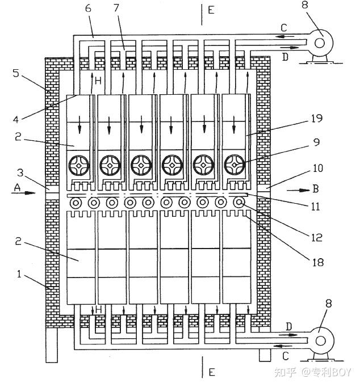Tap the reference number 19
tap(316, 119)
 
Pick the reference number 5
tap(16, 73)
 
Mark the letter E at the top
tap(211, 10)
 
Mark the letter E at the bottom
tap(211, 372)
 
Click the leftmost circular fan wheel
tap(78, 166)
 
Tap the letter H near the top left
tap(98, 81)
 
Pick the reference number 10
tap(317, 168)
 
